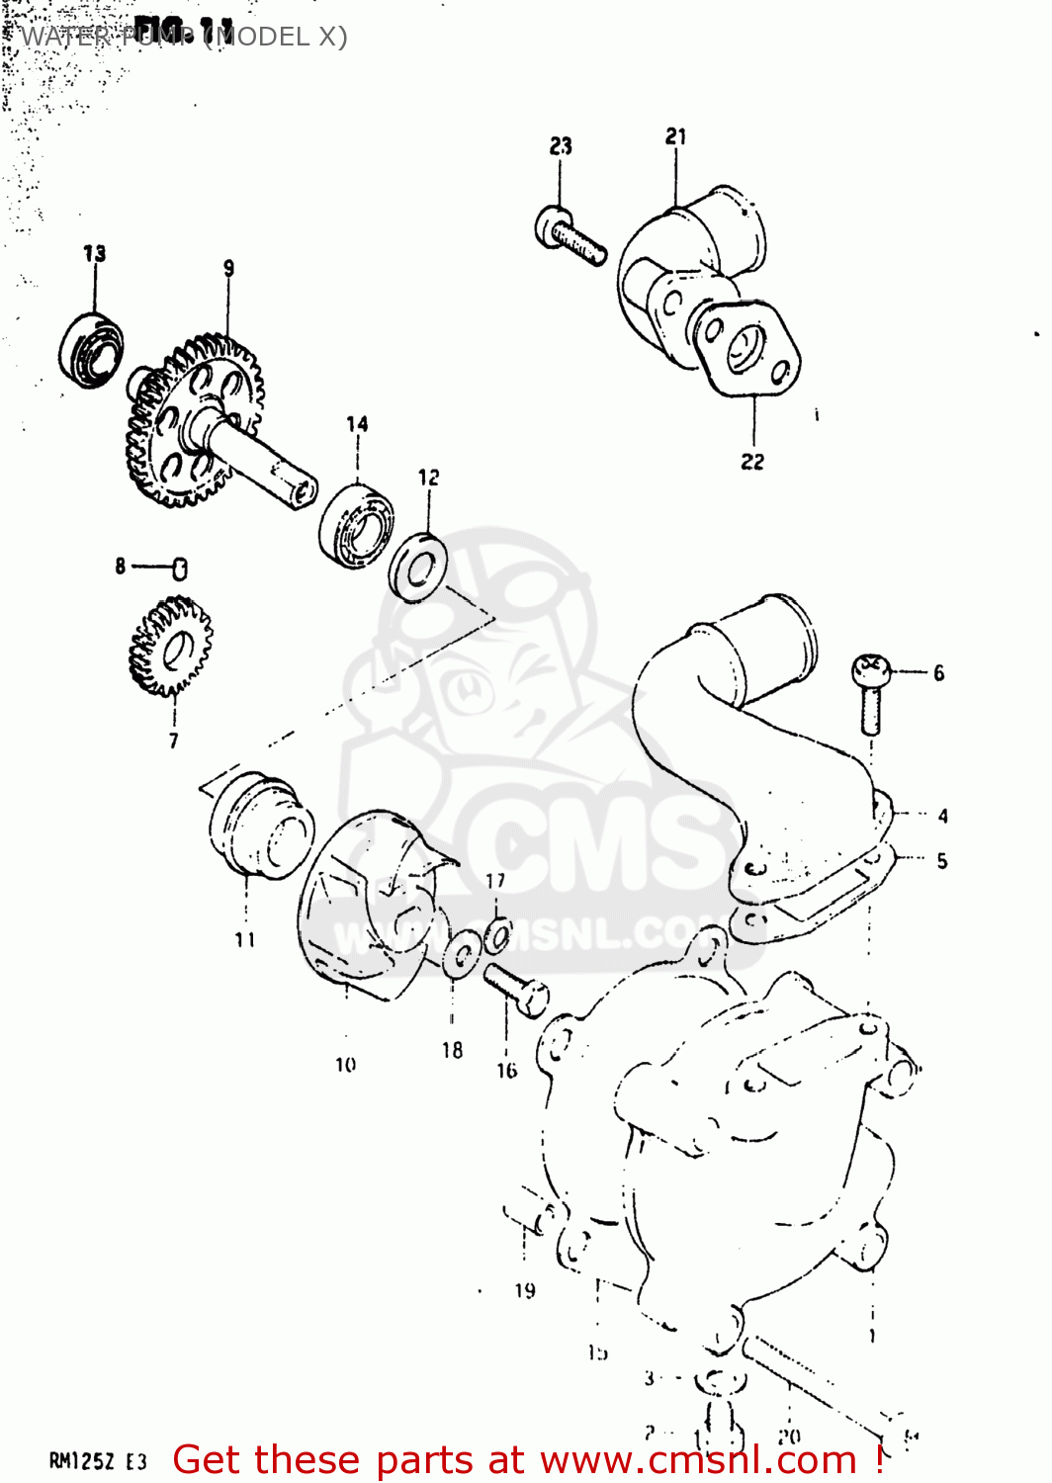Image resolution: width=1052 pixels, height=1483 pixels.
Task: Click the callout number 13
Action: coord(94,253)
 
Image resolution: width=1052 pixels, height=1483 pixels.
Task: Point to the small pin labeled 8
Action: coord(179,567)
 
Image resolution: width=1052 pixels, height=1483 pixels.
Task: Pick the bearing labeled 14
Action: coord(356,524)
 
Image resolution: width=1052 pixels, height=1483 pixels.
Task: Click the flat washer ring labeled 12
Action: coord(417,567)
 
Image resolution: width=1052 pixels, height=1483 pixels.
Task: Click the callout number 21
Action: coord(676,136)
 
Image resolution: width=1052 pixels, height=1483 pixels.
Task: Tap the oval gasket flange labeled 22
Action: coord(745,348)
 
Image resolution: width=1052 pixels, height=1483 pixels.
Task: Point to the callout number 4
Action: coord(942,816)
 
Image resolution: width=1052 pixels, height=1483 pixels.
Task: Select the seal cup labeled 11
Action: coord(260,828)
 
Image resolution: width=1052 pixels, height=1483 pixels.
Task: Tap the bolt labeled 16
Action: coord(516,989)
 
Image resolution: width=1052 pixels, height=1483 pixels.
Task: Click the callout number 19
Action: coord(525,1290)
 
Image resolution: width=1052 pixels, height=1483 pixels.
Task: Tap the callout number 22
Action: coord(752,462)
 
